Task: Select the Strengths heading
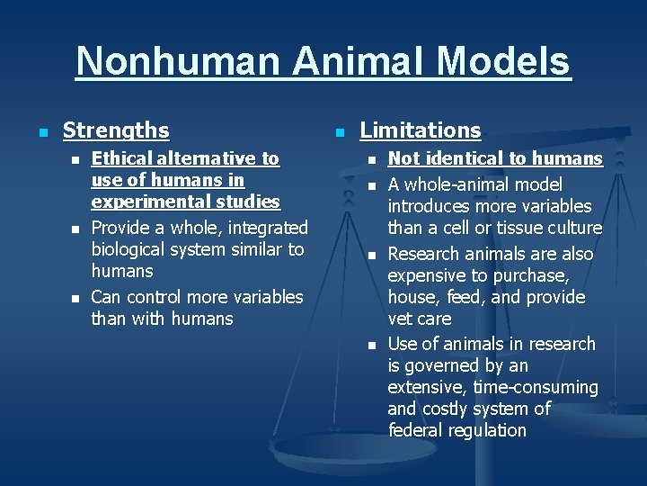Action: click(116, 130)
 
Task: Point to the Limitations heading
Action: click(421, 130)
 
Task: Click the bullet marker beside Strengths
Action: click(42, 132)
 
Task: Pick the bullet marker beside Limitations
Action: click(339, 132)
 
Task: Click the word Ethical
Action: click(120, 159)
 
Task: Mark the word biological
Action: click(137, 249)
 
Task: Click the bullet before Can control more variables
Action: click(75, 298)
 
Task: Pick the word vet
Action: click(401, 319)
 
